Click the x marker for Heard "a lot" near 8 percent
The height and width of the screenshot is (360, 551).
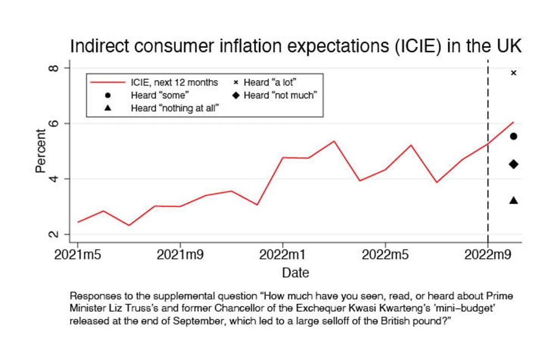513,73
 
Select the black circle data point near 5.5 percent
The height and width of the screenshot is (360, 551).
514,136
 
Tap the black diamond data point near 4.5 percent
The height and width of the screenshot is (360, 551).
514,164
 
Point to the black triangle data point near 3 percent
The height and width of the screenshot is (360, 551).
514,200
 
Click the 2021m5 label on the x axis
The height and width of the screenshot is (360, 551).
78,257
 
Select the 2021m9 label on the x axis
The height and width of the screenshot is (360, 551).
180,257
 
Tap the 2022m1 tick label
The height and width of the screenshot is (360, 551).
283,257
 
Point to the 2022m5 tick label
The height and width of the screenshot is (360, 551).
385,257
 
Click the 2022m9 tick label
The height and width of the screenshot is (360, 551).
488,257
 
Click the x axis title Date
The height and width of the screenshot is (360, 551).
295,273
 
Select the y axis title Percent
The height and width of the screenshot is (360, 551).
41,151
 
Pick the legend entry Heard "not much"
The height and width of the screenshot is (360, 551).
280,96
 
